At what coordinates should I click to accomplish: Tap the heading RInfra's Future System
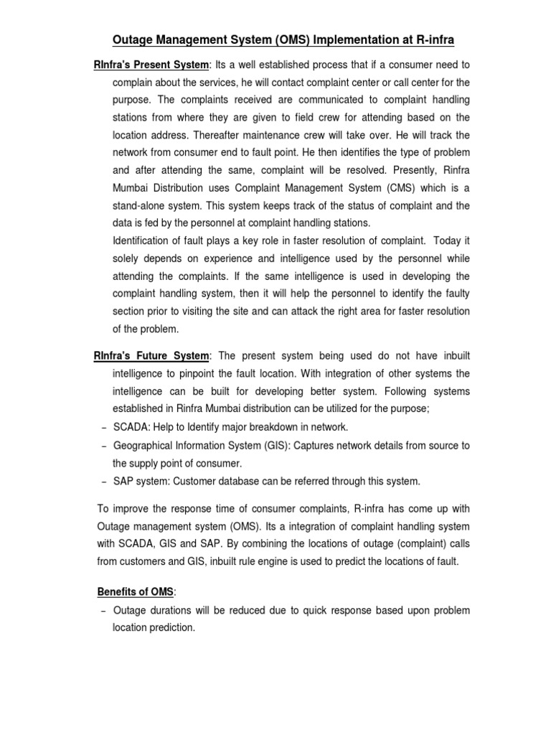tap(151, 356)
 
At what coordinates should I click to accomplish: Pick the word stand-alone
tap(139, 206)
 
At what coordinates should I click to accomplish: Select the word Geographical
tap(144, 445)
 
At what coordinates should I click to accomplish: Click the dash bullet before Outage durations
tap(103, 610)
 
